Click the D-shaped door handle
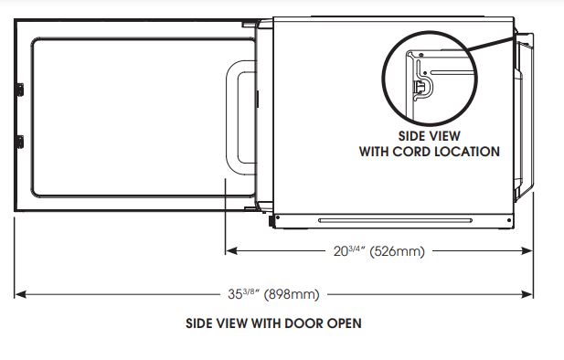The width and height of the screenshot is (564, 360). coord(240,117)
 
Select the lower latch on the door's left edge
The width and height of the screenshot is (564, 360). coord(18,142)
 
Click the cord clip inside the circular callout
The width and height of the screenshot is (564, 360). coord(420,86)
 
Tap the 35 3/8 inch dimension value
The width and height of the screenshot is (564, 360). coord(240,294)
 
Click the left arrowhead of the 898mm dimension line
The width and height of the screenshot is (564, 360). coord(18,294)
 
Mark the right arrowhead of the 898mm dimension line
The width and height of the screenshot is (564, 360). coord(529,294)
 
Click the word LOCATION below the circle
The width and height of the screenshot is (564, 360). coord(469,152)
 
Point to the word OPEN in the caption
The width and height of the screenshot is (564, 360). coord(345,323)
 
